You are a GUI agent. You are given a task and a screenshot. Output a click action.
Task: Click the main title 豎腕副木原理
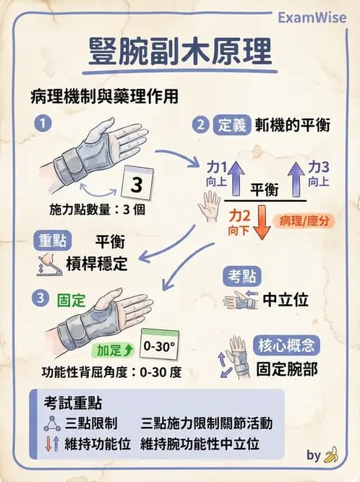[179, 51]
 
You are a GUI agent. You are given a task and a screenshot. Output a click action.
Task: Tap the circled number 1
[45, 124]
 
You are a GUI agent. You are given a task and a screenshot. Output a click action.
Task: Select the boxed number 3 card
[136, 184]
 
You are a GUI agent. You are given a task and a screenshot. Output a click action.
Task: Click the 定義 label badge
[231, 125]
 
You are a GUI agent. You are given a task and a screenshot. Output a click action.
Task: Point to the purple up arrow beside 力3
[296, 176]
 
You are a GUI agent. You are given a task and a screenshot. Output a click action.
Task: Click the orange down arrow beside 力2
[262, 221]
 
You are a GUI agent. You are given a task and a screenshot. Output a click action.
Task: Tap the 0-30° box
[160, 346]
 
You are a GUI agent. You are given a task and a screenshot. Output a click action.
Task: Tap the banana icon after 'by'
[331, 455]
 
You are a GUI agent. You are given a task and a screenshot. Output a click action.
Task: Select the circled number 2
[201, 124]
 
